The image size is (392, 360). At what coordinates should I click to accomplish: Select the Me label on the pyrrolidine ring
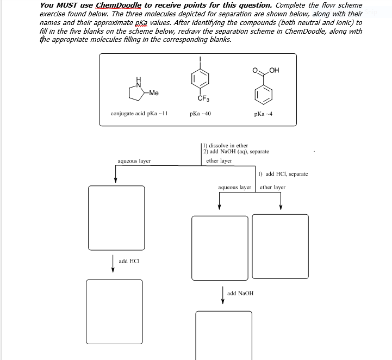pyautogui.click(x=153, y=93)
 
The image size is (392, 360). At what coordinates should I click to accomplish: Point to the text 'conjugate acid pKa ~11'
pyautogui.click(x=139, y=114)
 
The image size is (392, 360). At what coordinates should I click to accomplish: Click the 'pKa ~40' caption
pyautogui.click(x=200, y=114)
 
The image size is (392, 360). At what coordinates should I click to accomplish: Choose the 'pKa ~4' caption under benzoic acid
pyautogui.click(x=263, y=114)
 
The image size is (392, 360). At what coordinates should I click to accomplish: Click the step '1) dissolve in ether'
pyautogui.click(x=225, y=146)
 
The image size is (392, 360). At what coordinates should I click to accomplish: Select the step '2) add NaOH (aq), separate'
pyautogui.click(x=236, y=152)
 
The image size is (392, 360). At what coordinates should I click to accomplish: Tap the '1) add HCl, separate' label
pyautogui.click(x=283, y=174)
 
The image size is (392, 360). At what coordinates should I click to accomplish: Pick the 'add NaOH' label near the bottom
pyautogui.click(x=240, y=293)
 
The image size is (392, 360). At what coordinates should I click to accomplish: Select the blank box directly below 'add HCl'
pyautogui.click(x=114, y=305)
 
